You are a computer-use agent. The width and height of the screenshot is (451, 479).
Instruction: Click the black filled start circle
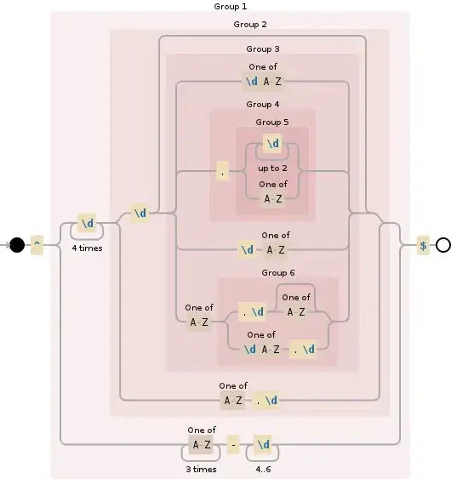coord(17,245)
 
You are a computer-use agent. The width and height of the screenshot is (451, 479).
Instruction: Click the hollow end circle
coord(442,245)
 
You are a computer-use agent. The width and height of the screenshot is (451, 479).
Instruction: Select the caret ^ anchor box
coord(37,245)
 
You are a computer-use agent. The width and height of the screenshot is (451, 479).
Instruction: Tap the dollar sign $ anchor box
coord(423,245)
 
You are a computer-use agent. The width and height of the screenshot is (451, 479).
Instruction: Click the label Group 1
coord(230,7)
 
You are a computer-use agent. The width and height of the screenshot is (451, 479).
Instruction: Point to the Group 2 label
coord(250,25)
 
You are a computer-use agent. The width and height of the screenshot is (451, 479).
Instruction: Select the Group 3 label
coord(263,49)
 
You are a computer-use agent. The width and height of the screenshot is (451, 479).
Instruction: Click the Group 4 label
coord(263,104)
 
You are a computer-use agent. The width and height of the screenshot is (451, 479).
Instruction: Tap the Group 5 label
coord(272,123)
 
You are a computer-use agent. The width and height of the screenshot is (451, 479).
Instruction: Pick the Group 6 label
coord(279,272)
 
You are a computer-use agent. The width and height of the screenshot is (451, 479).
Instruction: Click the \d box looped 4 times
coord(87,224)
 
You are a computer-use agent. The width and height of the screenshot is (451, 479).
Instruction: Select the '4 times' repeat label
coord(87,248)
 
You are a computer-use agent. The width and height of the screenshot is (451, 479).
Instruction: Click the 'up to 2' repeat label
coord(273,168)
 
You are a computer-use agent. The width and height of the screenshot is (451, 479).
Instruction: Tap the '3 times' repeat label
coord(202,469)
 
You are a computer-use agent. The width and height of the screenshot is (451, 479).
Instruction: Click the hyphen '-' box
coord(233,444)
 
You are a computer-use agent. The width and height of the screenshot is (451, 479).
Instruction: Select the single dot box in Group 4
coord(223,171)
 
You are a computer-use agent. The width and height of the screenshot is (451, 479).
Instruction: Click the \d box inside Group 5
coord(272,144)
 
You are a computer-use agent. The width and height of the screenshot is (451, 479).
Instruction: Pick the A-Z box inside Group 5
coord(272,199)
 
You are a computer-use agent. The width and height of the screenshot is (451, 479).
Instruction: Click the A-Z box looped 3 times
coord(202,444)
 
